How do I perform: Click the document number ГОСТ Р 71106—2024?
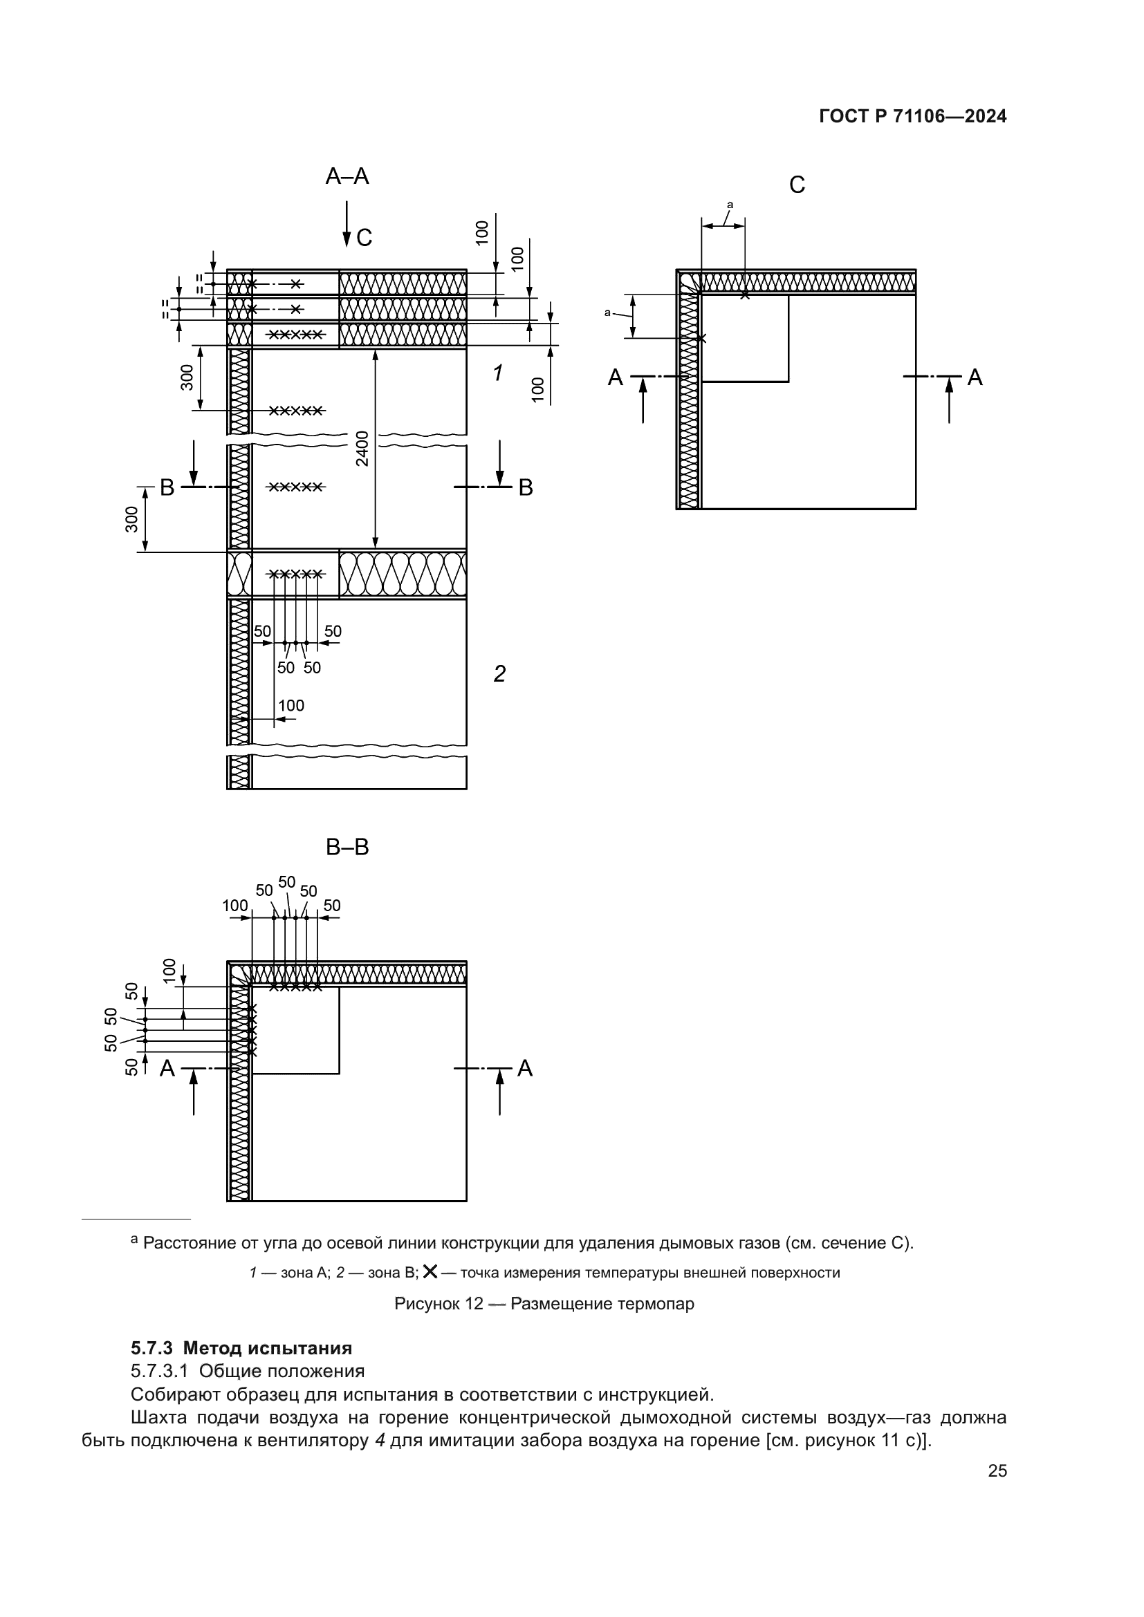pos(912,117)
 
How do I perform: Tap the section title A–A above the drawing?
pos(347,176)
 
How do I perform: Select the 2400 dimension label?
pos(362,448)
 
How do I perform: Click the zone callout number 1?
pos(498,373)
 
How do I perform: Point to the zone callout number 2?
pos(499,674)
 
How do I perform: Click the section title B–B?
pos(347,847)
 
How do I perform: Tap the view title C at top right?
pos(797,185)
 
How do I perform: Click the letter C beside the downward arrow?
pos(365,238)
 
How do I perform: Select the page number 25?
pos(997,1470)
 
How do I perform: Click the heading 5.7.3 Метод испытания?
pos(241,1348)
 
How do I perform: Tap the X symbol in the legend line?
pos(430,1271)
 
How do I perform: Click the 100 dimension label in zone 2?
pos(291,706)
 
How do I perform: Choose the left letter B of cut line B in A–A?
pos(167,487)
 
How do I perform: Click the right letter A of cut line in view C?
pos(975,377)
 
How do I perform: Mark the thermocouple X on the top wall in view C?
pos(745,295)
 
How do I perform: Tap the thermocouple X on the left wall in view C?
pos(701,339)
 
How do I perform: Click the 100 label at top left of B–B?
pos(234,906)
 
